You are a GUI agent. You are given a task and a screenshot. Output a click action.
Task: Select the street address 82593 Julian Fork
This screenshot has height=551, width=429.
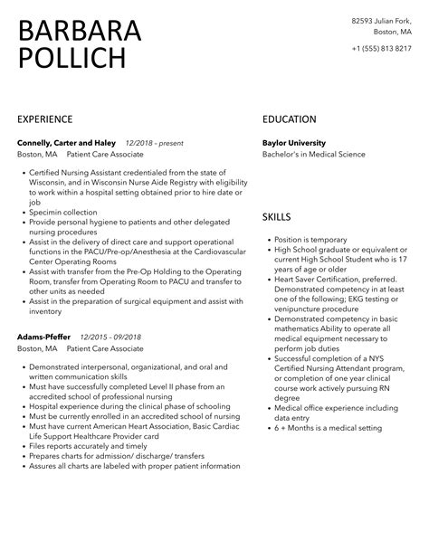383,21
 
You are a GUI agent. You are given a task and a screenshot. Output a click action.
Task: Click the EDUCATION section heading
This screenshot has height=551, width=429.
290,119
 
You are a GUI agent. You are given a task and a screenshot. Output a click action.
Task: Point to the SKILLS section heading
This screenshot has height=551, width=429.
277,218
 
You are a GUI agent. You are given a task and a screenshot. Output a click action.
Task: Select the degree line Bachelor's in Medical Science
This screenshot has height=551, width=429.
314,154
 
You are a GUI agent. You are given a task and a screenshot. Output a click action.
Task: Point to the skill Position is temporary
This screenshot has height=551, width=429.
305,240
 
